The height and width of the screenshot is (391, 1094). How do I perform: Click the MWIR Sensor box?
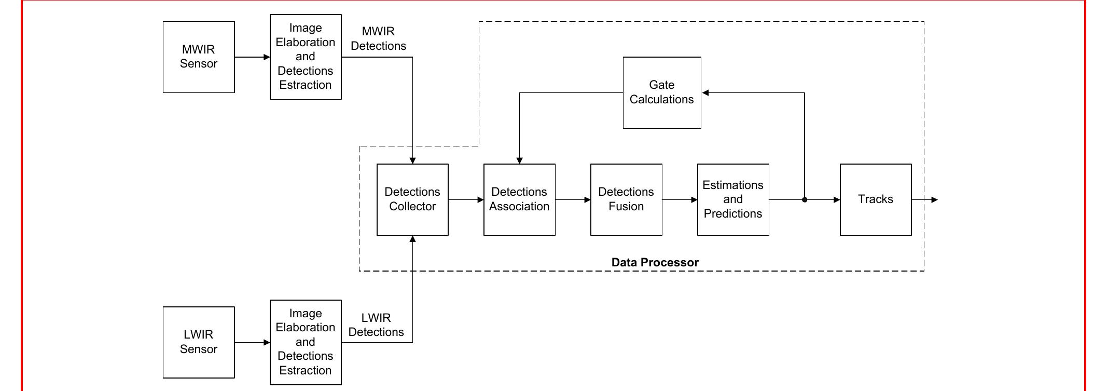pos(199,57)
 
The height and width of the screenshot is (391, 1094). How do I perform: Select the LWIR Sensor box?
pos(199,342)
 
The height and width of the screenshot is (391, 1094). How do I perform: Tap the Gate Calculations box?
pos(662,92)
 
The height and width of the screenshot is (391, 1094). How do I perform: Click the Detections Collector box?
pos(412,199)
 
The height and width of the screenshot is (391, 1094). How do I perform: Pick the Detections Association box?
pos(519,199)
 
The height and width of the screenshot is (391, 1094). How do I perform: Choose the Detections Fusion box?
pos(626,199)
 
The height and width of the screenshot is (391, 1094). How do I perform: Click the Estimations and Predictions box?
pos(733,199)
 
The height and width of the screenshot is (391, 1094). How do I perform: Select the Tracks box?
pos(876,199)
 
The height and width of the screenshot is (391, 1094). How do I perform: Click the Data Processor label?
pos(655,262)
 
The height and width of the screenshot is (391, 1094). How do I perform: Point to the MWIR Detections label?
pos(378,39)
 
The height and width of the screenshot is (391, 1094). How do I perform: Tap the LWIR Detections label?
pos(376,325)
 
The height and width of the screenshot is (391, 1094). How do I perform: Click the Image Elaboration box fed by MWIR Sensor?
pos(306,57)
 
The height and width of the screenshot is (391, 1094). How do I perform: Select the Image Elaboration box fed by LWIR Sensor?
pos(306,342)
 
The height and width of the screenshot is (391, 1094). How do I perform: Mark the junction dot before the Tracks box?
pos(805,199)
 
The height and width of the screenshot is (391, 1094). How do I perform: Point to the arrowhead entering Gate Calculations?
pos(705,93)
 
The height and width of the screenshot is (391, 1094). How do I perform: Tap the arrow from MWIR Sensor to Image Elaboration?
pos(252,57)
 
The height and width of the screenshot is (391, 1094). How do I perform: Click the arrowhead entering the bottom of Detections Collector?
pos(412,239)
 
